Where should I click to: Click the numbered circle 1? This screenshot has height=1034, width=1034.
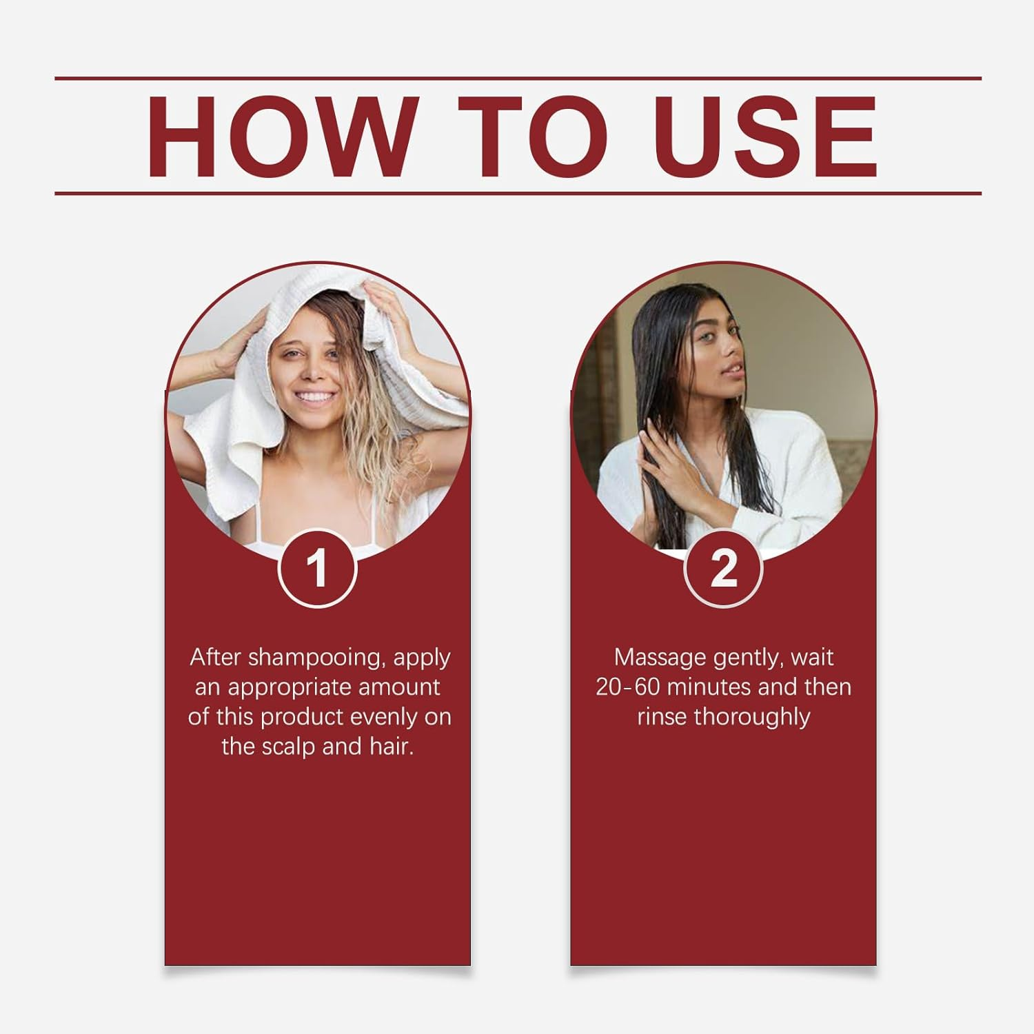click(x=317, y=569)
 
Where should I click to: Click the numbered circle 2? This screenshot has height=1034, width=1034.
click(x=723, y=569)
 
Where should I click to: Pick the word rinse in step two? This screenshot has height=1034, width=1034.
click(x=662, y=717)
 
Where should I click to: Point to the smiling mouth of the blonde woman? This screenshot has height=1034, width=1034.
click(x=316, y=398)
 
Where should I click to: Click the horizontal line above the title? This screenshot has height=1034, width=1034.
click(x=517, y=79)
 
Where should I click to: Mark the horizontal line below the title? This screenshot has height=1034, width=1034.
click(x=517, y=193)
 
